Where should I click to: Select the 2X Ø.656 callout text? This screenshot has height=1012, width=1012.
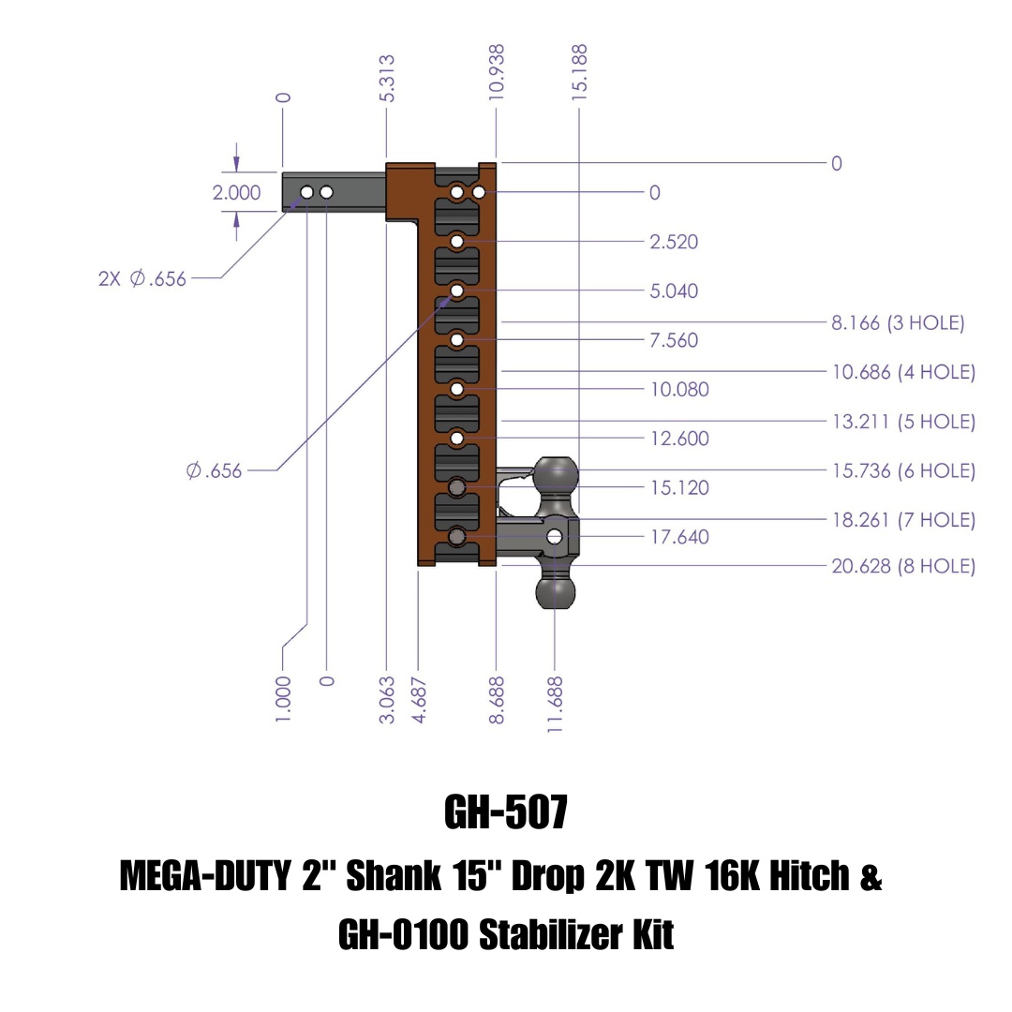click(142, 278)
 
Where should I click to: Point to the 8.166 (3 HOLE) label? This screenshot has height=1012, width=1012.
click(898, 323)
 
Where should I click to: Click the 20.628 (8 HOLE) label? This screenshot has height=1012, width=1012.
click(903, 566)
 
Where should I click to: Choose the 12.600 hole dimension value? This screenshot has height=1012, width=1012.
click(679, 439)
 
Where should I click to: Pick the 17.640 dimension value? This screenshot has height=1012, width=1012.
click(679, 537)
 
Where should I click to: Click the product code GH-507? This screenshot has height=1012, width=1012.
click(506, 813)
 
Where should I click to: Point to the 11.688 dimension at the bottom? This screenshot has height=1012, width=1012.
click(557, 705)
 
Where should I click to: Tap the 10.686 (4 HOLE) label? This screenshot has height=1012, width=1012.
click(903, 372)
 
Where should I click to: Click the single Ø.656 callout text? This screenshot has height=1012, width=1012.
click(214, 470)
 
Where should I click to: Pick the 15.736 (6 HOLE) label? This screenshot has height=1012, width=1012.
click(903, 470)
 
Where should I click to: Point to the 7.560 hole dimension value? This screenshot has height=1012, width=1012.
click(674, 340)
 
